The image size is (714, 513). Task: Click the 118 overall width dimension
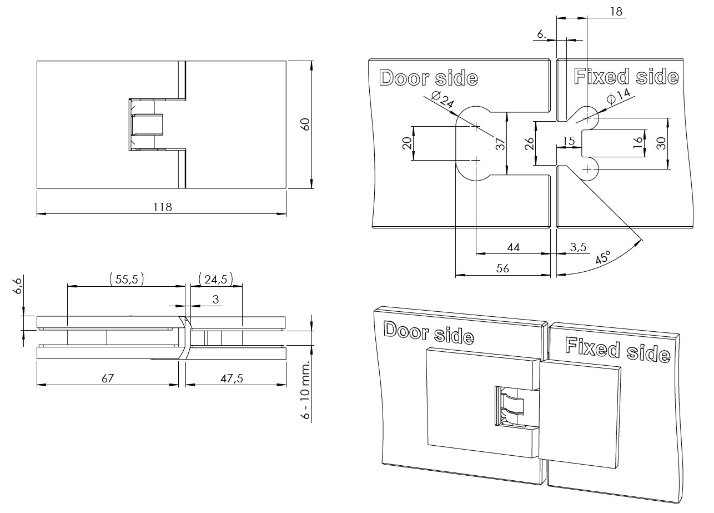[x=163, y=207]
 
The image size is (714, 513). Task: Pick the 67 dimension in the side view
[x=108, y=378]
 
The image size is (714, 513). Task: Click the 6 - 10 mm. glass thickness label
[x=306, y=395]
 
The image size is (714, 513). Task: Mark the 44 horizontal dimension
[x=514, y=248]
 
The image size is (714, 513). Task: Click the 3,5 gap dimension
[x=577, y=247]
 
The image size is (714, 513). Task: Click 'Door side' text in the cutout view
[x=428, y=78]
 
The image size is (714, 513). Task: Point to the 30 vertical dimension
[x=660, y=143]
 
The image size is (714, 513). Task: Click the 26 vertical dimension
[x=529, y=143]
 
